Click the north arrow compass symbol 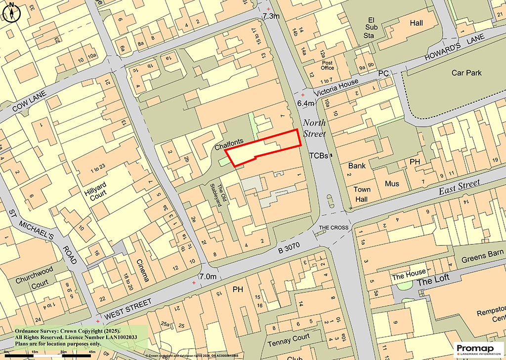click(x=11, y=12)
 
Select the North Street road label click(x=314, y=128)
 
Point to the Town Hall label click(x=362, y=194)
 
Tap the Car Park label click(x=466, y=73)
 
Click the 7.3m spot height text click(x=271, y=16)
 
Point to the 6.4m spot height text click(x=306, y=103)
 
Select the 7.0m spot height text click(x=208, y=277)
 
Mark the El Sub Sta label click(x=371, y=28)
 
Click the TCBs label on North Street click(x=318, y=155)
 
